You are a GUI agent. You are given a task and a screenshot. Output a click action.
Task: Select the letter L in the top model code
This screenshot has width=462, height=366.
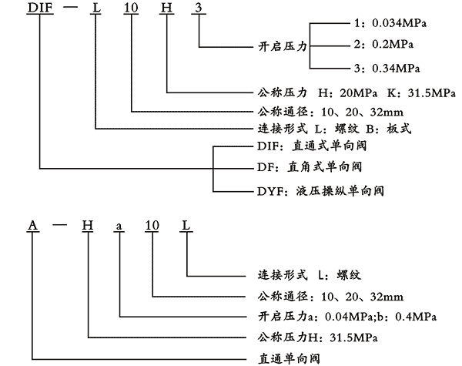pyautogui.click(x=96, y=8)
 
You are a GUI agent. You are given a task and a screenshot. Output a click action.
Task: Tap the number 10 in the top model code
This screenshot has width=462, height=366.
pyautogui.click(x=132, y=8)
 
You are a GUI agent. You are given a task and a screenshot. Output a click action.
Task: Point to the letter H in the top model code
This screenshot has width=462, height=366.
pyautogui.click(x=167, y=8)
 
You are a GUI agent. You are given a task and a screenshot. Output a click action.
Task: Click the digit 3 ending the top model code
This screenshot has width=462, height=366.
pyautogui.click(x=199, y=8)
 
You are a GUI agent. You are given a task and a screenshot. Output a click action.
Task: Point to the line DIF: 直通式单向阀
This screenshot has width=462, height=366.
pyautogui.click(x=312, y=144)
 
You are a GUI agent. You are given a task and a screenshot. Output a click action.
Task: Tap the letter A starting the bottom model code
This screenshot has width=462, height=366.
pyautogui.click(x=33, y=225)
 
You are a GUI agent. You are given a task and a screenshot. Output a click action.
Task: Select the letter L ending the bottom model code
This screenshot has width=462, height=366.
pyautogui.click(x=187, y=225)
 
